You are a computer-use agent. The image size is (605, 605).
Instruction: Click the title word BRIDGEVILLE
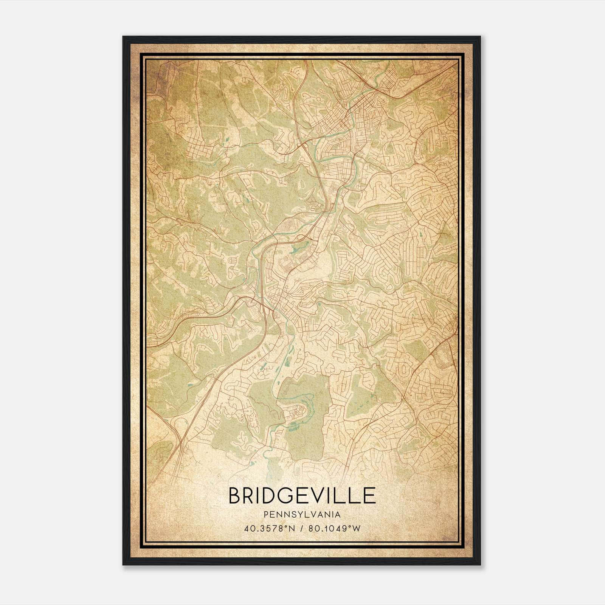[302, 495]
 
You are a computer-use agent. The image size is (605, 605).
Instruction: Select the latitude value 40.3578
[262, 528]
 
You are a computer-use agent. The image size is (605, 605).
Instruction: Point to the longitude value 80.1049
[327, 528]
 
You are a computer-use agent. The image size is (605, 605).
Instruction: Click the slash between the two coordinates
[302, 528]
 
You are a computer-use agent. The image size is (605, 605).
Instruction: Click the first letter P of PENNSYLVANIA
[266, 515]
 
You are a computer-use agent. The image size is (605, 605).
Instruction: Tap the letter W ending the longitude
[357, 528]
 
